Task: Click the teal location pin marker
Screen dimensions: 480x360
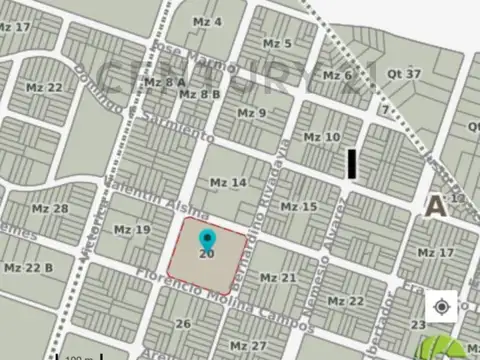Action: [x=207, y=239]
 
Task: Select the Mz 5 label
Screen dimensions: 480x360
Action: [x=277, y=44]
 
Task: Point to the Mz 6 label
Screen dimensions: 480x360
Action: [x=336, y=75]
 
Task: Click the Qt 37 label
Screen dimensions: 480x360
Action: [x=405, y=74]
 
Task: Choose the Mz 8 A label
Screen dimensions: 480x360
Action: [x=165, y=82]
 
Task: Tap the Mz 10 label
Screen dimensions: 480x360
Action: [x=321, y=136]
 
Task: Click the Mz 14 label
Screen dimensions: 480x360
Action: [x=228, y=183]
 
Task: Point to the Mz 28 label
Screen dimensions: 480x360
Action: [x=49, y=208]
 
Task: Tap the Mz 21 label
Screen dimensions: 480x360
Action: [x=278, y=277]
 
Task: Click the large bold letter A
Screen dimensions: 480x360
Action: [x=435, y=206]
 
